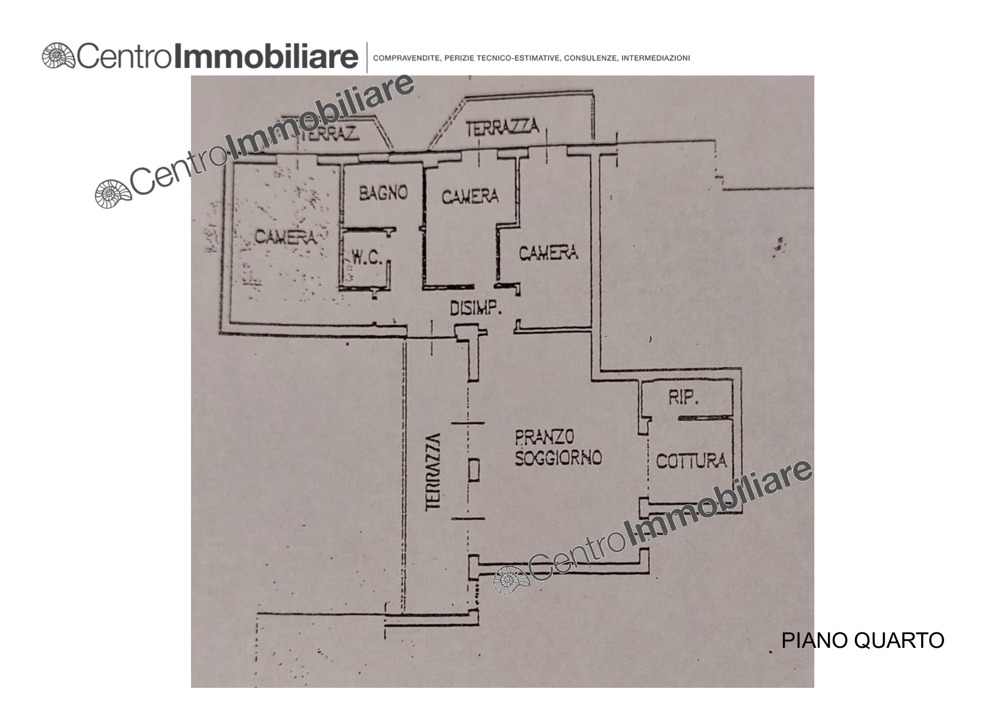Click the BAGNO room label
click(x=383, y=193)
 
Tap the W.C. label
click(x=367, y=257)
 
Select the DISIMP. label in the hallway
click(x=476, y=309)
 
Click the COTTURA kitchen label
click(x=691, y=461)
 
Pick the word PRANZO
click(x=544, y=437)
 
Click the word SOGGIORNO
click(x=558, y=457)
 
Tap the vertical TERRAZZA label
click(x=434, y=472)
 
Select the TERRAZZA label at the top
click(x=502, y=127)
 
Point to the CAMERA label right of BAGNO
click(x=470, y=196)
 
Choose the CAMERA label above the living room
click(x=548, y=252)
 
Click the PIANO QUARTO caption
click(x=863, y=640)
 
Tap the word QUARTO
click(x=899, y=640)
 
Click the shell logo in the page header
click(x=58, y=57)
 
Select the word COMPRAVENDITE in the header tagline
click(x=406, y=58)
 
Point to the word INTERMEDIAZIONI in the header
click(x=655, y=58)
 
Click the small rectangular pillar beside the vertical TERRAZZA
click(x=473, y=471)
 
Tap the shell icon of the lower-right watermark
click(x=512, y=580)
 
